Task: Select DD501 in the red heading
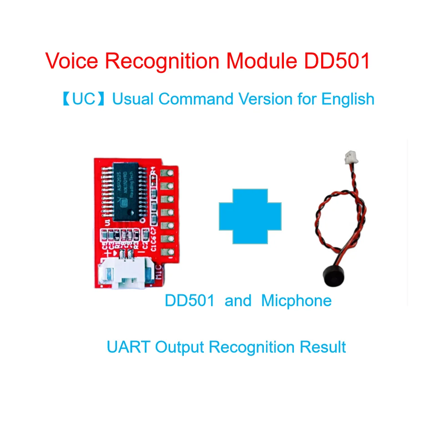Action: click(337, 61)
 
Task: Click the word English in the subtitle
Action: click(348, 99)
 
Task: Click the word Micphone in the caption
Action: click(296, 301)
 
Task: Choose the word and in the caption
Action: click(238, 301)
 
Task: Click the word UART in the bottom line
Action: click(128, 347)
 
